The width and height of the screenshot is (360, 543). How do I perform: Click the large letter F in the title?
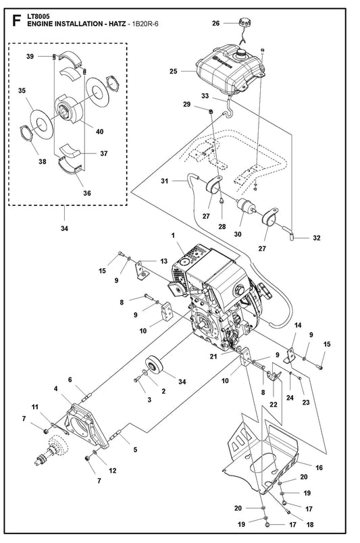click(16, 20)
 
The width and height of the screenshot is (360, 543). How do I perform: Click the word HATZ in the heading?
click(117, 24)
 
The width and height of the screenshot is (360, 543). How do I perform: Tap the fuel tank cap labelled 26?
click(244, 24)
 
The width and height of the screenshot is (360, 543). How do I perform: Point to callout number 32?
click(316, 238)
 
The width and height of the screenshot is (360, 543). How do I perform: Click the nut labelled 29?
click(210, 111)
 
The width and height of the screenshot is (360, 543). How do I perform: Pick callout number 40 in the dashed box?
click(99, 132)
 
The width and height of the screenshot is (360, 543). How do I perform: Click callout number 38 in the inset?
click(43, 161)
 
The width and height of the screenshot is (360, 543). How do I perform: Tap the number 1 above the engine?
click(172, 236)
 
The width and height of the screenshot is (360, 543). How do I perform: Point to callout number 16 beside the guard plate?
click(319, 467)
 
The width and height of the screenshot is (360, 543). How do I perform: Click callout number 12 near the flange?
click(112, 470)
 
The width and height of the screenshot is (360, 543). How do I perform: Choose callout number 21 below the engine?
click(213, 356)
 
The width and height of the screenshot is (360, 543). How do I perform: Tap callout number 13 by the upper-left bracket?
click(163, 261)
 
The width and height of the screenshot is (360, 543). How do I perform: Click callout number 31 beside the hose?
click(165, 181)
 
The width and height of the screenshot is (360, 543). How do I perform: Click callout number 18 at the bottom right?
click(310, 525)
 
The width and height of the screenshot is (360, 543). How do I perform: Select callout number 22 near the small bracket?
click(274, 404)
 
